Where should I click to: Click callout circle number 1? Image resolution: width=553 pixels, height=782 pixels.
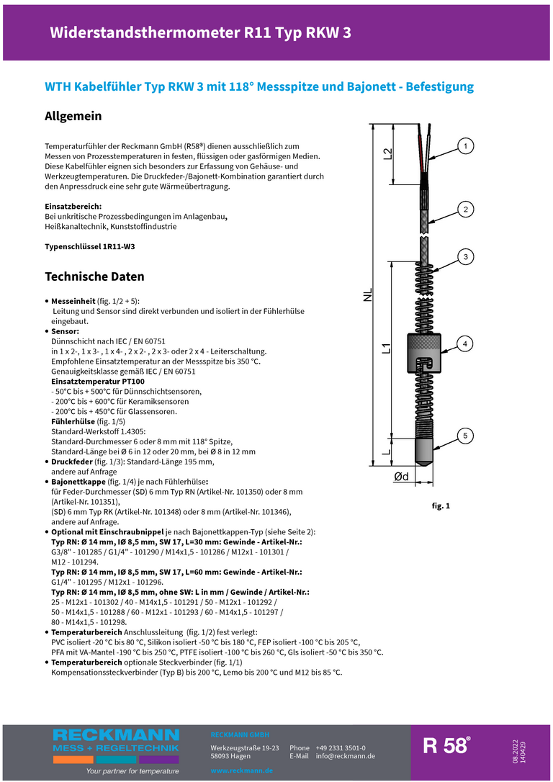click(465, 147)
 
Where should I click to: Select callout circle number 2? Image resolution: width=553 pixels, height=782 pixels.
click(465, 210)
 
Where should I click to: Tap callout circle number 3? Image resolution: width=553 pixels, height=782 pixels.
click(465, 257)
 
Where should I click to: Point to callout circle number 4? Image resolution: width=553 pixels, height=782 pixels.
click(465, 343)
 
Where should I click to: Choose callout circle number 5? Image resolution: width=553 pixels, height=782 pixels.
click(465, 436)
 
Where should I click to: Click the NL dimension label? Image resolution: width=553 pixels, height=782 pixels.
click(368, 295)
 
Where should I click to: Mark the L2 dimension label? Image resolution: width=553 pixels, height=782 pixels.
click(387, 153)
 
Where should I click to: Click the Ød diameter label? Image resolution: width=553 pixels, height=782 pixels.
click(401, 477)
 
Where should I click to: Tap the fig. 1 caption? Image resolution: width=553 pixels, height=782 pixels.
click(441, 506)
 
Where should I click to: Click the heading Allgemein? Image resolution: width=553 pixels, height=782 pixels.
click(73, 116)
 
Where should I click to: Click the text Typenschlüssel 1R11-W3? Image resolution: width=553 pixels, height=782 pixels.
click(90, 246)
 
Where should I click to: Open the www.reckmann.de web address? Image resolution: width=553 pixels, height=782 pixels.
click(241, 770)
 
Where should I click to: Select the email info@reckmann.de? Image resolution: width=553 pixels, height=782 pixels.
click(345, 756)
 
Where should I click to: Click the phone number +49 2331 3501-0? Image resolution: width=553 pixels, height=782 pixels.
click(340, 748)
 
